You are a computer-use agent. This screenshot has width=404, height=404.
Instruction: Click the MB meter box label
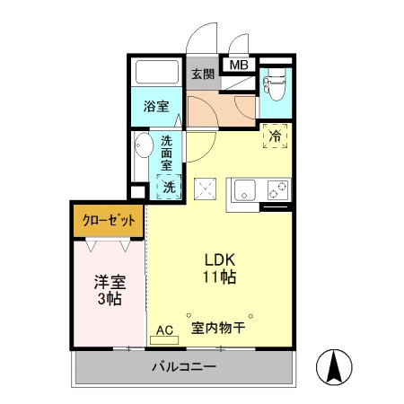point(239,65)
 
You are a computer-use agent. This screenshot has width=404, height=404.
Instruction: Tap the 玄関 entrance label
point(203,75)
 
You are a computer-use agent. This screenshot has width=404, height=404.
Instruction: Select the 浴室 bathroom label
point(156,107)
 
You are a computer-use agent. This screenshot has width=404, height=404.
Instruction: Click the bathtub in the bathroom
point(157,72)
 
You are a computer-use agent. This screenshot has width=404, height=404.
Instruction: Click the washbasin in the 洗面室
point(143,145)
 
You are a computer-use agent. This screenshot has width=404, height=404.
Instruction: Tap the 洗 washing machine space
point(169,187)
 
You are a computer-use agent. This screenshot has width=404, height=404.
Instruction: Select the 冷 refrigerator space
point(275,136)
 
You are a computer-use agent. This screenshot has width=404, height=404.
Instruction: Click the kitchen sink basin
point(245,190)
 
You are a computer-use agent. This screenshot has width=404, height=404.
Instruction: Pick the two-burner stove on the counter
point(278,190)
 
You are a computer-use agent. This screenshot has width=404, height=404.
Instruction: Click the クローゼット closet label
point(109,221)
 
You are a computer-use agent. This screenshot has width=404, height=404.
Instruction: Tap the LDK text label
point(220,260)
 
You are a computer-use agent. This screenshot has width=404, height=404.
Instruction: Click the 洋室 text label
point(110,282)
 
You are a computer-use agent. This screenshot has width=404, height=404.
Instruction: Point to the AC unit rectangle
point(164,340)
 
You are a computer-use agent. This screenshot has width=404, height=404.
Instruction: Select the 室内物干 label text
point(218,328)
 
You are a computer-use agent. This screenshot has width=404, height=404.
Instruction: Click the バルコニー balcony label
point(183,366)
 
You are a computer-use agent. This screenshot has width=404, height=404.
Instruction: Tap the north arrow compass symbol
point(334,367)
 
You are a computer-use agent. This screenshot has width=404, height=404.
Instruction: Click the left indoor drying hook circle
point(189,315)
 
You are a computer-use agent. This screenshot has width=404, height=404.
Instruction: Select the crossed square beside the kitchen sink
point(205,189)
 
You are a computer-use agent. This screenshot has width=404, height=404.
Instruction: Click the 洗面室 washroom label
point(166,153)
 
